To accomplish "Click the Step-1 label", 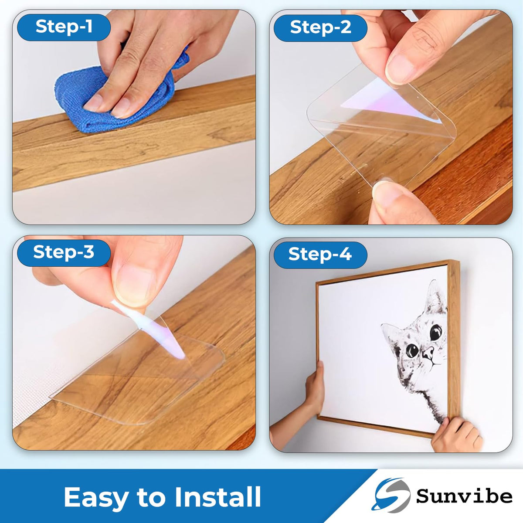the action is point(64,27).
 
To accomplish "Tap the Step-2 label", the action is point(320,27).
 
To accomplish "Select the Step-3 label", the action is point(64,252).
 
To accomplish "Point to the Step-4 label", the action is point(320,254).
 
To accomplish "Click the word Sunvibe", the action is point(464,496).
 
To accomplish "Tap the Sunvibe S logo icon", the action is point(391,495).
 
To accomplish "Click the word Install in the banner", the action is point(217,496).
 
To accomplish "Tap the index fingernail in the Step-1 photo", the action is point(94,102).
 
